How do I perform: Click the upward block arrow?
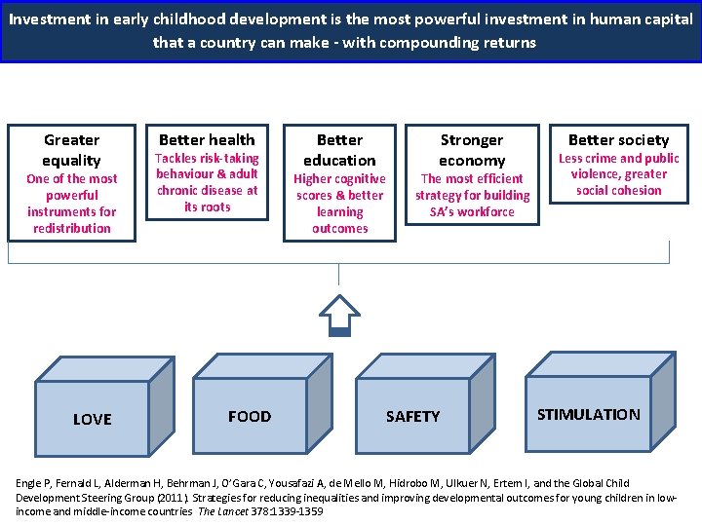click(339, 313)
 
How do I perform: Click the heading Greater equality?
click(71, 150)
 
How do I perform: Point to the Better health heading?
click(207, 139)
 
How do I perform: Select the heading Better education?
click(339, 150)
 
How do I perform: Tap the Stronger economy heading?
click(472, 150)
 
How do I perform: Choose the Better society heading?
click(618, 139)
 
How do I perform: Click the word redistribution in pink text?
click(71, 228)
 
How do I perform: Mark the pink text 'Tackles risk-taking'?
click(207, 158)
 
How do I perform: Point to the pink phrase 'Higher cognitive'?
click(339, 178)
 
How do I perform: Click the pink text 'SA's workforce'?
click(472, 211)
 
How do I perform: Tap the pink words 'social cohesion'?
click(618, 190)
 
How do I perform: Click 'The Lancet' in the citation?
click(221, 510)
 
